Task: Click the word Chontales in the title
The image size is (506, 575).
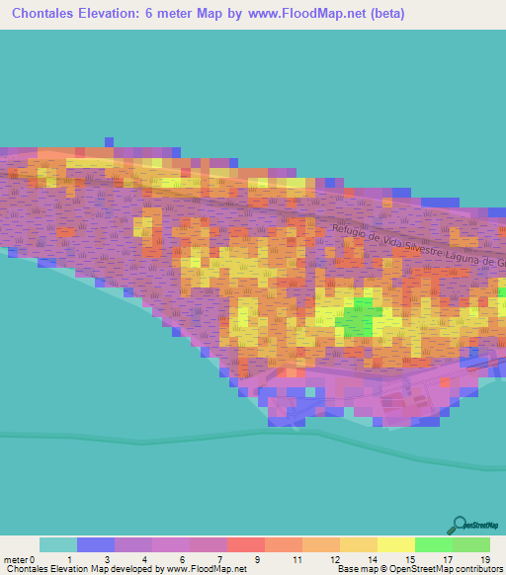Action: [47, 16]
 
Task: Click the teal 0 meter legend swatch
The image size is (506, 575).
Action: [57, 544]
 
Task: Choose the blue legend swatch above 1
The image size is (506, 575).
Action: [96, 544]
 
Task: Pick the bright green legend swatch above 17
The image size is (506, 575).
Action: [433, 544]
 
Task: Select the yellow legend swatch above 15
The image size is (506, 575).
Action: [395, 544]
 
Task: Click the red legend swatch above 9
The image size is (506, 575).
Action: [245, 544]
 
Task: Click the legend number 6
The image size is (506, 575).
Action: [183, 559]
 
